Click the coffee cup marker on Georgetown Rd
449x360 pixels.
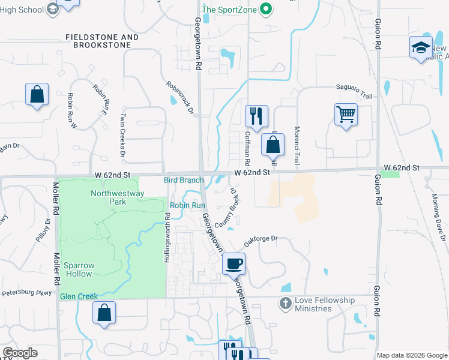coord(234,263)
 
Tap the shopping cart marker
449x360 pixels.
coord(346,114)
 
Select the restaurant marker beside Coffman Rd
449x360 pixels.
coord(256,115)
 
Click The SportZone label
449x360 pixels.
coord(229,10)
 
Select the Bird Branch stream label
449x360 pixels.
coord(184,180)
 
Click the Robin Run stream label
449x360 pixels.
coord(188,205)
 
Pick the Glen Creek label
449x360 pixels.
coord(79,296)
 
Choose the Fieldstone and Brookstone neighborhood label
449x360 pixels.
coord(102,41)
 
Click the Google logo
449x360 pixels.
coord(20,353)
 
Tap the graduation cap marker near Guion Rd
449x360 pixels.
coord(421,47)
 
